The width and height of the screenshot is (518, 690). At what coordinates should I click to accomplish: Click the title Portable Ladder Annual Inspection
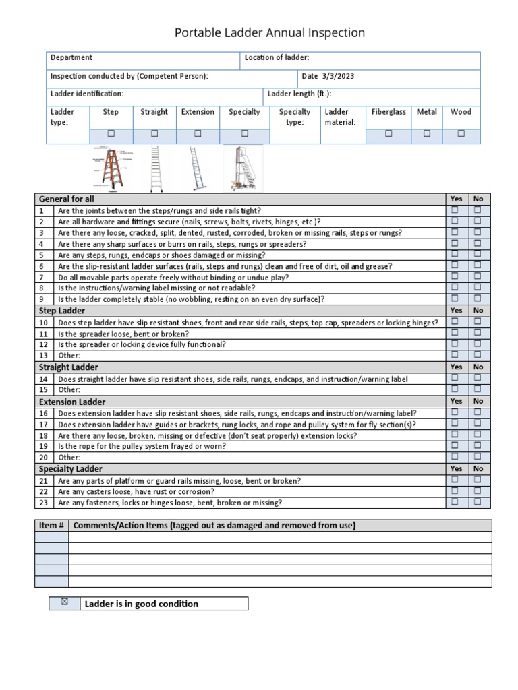click(270, 33)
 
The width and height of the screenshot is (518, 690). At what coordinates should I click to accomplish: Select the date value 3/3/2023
click(338, 77)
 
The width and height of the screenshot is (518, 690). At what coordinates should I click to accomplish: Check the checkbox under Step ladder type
click(111, 134)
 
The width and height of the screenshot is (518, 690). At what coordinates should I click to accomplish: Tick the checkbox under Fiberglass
click(388, 134)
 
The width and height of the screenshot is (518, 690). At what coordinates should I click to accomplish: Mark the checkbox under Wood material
click(461, 134)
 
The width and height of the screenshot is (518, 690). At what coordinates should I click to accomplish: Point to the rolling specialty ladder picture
click(242, 168)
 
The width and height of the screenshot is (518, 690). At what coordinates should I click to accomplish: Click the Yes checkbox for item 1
click(455, 210)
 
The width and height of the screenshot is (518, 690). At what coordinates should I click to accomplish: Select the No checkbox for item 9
click(478, 298)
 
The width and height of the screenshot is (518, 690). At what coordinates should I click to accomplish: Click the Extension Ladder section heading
click(72, 402)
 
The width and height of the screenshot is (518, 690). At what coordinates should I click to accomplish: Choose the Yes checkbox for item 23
click(455, 502)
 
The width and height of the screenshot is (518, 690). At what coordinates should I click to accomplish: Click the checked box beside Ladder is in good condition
click(64, 602)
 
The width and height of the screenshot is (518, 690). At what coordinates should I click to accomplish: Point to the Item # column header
click(51, 526)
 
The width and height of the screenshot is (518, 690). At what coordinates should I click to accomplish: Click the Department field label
click(71, 58)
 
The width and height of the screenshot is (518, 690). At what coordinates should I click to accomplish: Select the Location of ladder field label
click(277, 58)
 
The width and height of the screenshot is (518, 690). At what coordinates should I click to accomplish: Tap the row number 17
click(44, 425)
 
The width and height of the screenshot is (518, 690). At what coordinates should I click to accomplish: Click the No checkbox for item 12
click(478, 344)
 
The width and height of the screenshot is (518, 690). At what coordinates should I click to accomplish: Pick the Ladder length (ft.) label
click(299, 94)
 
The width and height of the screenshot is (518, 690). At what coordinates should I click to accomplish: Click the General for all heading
click(67, 199)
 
